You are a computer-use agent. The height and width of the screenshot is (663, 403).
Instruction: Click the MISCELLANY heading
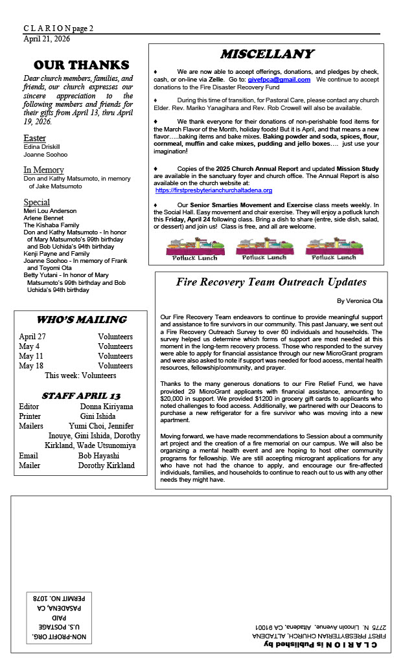(266, 54)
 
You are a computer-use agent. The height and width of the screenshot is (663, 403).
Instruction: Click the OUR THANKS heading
(82, 65)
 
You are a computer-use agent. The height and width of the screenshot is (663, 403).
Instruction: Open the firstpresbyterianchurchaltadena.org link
(213, 190)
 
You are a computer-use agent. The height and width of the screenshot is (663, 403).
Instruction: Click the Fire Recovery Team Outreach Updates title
(271, 282)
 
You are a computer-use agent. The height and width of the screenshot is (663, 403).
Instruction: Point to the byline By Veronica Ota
(360, 301)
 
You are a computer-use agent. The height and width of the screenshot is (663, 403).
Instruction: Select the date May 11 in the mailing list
(31, 356)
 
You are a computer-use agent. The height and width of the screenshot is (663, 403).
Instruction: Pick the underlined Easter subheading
(34, 138)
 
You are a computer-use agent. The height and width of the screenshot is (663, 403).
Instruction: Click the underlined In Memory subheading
(43, 170)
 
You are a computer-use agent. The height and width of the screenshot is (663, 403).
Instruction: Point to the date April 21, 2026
(47, 39)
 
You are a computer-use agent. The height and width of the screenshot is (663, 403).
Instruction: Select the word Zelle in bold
(216, 79)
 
